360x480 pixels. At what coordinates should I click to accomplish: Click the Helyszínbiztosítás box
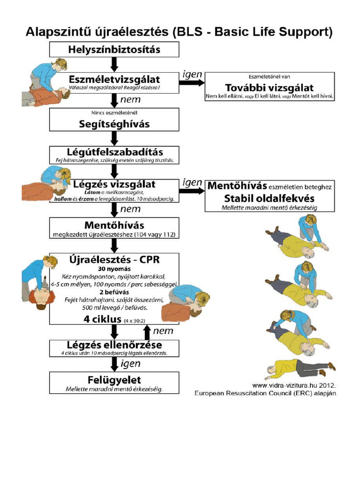[114, 49]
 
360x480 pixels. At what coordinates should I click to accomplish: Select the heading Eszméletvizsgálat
[114, 79]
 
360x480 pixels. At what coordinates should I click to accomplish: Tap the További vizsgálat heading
[269, 88]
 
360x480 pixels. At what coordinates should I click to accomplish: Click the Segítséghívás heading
[114, 124]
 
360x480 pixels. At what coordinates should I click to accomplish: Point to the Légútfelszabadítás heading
[114, 152]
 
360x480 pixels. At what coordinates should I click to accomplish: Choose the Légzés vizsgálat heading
[114, 184]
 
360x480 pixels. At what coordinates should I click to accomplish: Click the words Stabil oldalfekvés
[269, 197]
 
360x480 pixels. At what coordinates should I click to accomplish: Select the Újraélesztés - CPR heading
[114, 259]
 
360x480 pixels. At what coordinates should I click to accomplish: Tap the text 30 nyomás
[114, 270]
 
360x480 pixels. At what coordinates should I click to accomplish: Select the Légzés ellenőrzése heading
[114, 345]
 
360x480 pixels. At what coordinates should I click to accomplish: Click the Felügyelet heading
[114, 379]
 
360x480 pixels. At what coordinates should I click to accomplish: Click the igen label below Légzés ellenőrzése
[131, 363]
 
